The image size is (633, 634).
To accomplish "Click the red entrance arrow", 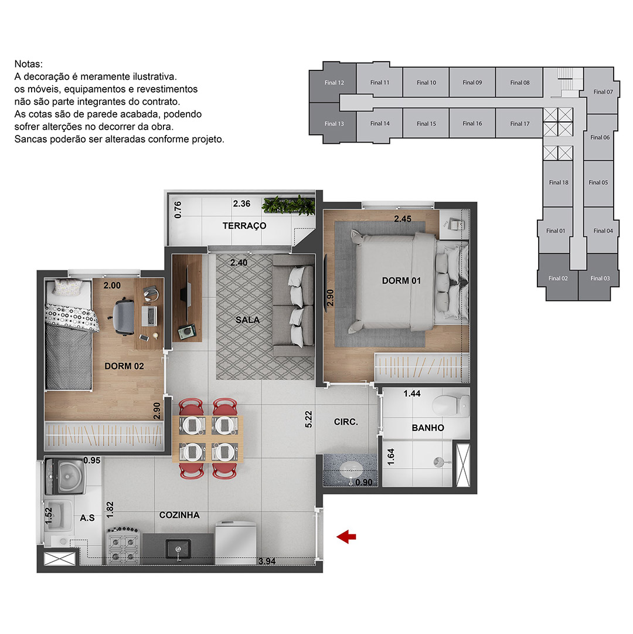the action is pos(346,537).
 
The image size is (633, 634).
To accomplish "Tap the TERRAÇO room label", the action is pos(244,226).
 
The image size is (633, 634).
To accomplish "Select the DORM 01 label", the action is pos(401,280).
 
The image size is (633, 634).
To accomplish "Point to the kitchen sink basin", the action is pos(178,549).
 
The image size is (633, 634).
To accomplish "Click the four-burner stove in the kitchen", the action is pos(123,545).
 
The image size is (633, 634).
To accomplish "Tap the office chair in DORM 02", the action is pos(122,317).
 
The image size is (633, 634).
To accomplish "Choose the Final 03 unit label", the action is pos(600,278).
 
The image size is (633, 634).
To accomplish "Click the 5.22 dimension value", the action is pos(309,419).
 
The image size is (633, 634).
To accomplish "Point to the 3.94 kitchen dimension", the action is pos(267,561).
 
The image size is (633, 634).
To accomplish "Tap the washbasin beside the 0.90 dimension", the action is pos(350,469).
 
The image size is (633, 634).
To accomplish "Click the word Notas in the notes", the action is pos(28,64).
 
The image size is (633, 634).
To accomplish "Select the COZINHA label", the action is pos(179,515).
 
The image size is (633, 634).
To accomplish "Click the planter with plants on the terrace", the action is pos(288,205).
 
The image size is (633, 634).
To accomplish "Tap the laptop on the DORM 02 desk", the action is pos(149,316).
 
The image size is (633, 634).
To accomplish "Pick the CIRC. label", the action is pos(346,422).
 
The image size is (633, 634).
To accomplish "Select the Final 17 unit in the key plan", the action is pos(519,124).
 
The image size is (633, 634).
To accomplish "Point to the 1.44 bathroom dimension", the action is pos(412,394).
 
